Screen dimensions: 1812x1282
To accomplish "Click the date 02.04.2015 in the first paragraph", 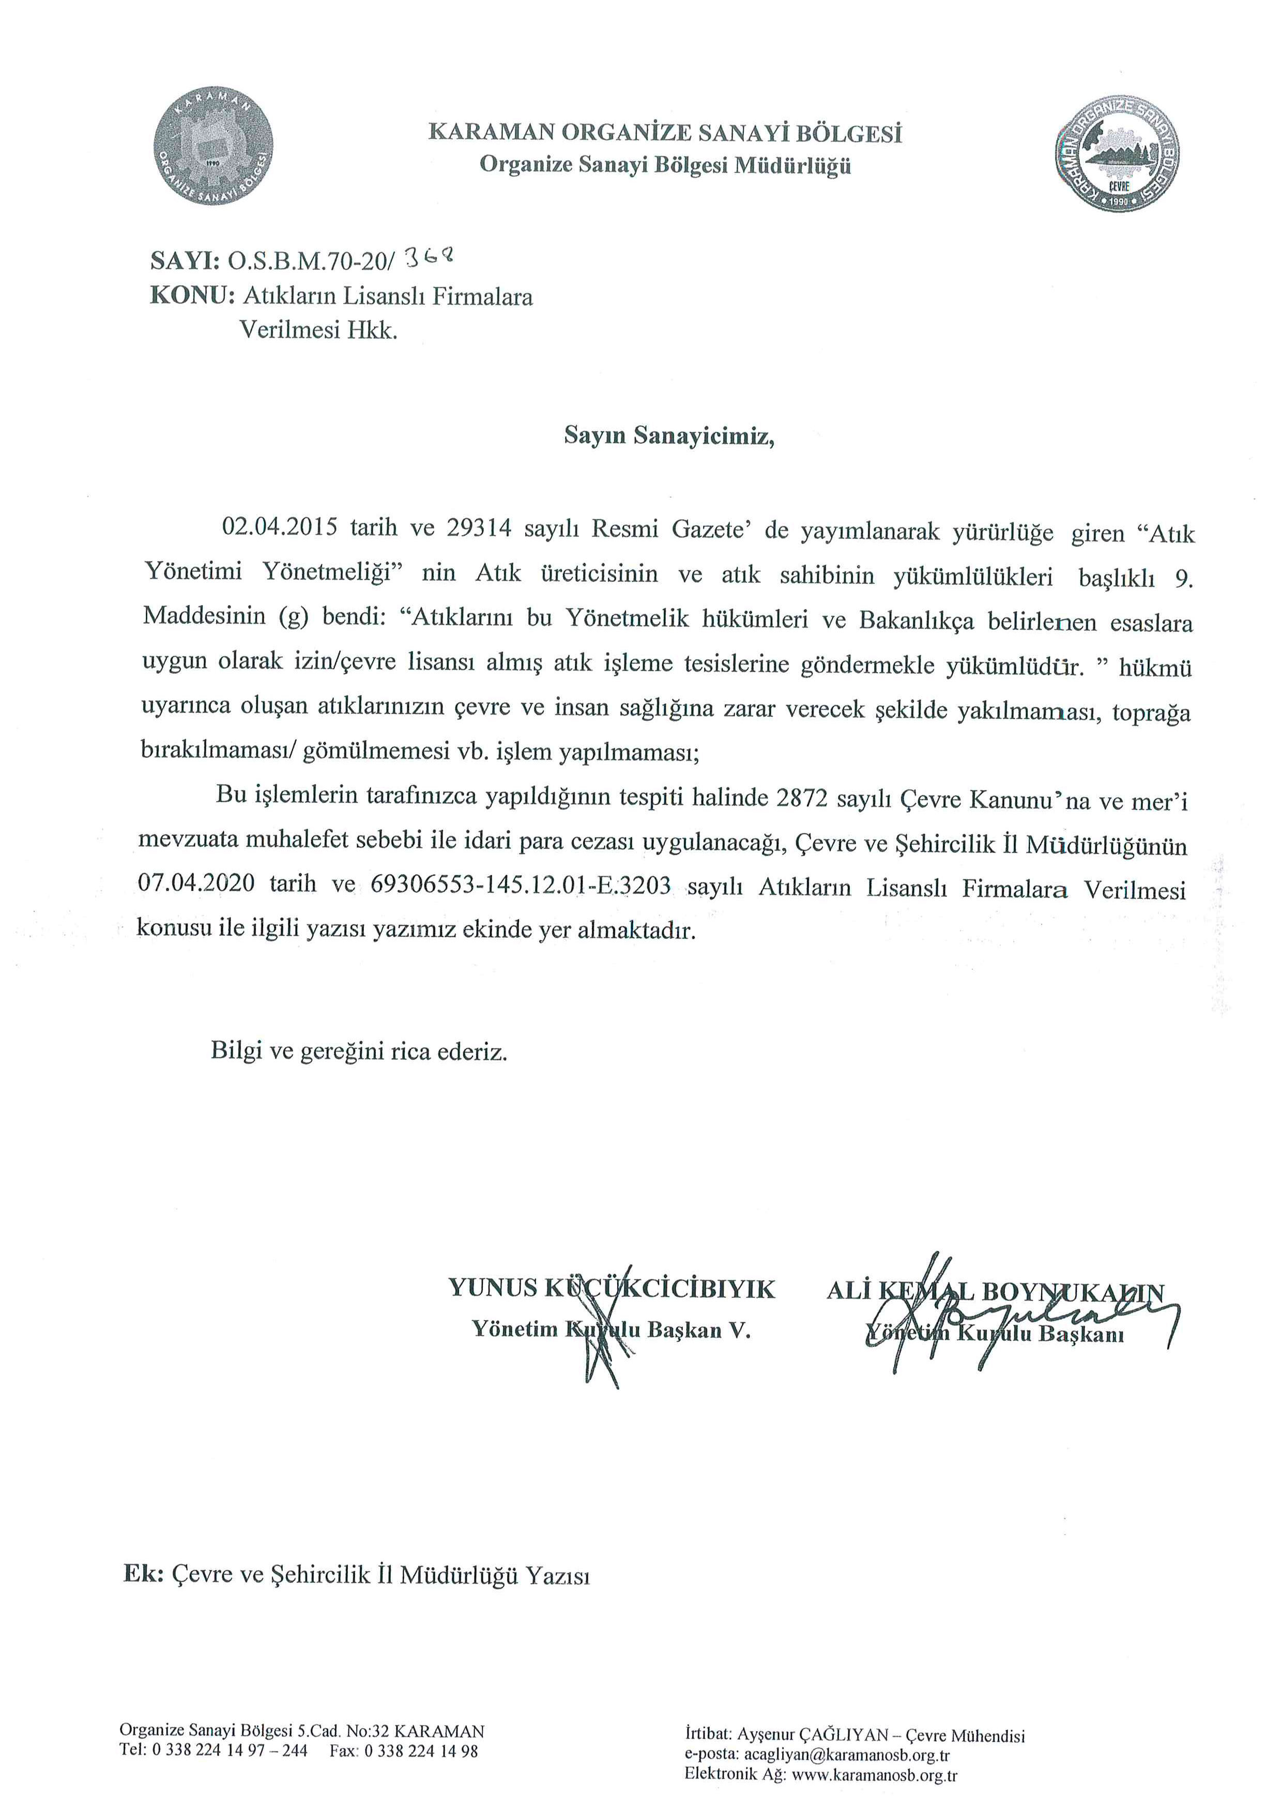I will point(280,527).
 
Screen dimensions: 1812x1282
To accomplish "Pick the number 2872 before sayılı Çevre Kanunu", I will point(802,799).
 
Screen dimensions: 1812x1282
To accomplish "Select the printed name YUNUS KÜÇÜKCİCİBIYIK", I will point(612,1289).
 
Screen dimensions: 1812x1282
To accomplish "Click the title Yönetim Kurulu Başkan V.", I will point(611,1330).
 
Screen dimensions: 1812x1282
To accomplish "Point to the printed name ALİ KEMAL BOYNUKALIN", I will point(995,1292).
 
